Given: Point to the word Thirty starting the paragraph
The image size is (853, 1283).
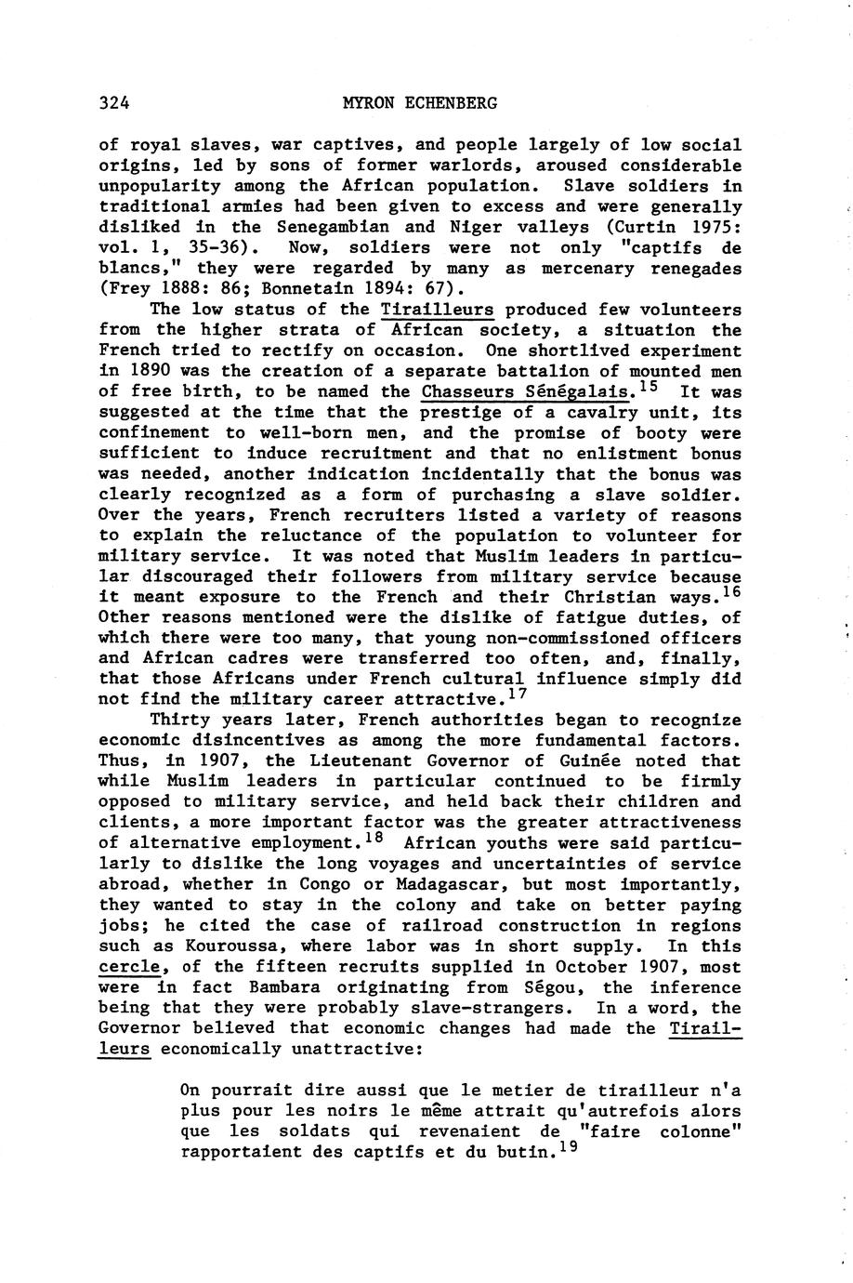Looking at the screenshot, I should tap(181, 720).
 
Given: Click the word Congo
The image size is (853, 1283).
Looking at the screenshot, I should tap(329, 884).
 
